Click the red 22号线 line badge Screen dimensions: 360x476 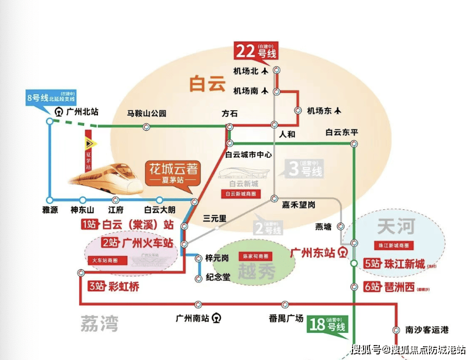(x=256, y=52)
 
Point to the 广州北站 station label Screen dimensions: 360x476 (x=82, y=111)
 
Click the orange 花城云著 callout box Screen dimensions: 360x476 (x=172, y=173)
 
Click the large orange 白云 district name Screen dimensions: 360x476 (x=208, y=84)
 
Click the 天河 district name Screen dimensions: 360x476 (x=395, y=226)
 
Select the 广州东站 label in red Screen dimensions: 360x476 (x=313, y=253)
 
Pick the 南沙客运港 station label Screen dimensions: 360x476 (x=426, y=330)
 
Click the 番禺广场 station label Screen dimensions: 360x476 (x=286, y=318)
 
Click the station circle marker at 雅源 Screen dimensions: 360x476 (x=50, y=199)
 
